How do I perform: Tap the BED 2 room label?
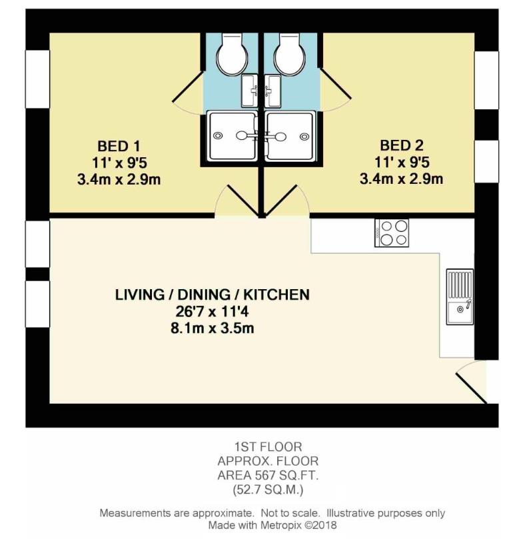point(402,145)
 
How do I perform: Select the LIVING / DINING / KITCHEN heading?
point(212,294)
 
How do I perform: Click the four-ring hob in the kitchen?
point(392,233)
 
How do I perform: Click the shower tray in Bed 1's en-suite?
point(232,136)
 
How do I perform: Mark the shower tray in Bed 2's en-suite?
point(290,136)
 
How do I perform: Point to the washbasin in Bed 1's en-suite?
point(250,89)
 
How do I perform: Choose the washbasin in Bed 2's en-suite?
point(272,89)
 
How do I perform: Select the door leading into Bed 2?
point(287,201)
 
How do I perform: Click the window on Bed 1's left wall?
point(37,79)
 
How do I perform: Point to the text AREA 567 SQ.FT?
point(267,474)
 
